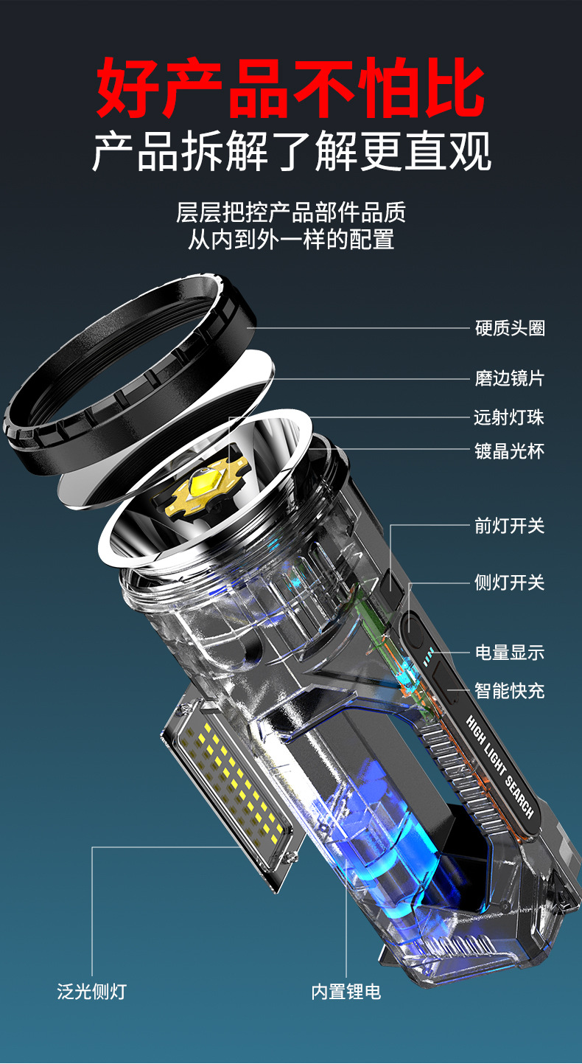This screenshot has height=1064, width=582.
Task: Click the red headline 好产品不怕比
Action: click(290, 88)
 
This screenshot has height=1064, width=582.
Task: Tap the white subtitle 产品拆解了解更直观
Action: click(292, 151)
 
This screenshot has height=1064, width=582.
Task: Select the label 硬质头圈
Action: click(510, 328)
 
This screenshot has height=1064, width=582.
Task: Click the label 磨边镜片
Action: click(510, 378)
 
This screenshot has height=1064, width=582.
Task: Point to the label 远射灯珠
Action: click(509, 417)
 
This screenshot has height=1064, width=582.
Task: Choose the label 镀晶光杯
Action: click(509, 451)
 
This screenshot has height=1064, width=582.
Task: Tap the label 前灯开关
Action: click(509, 526)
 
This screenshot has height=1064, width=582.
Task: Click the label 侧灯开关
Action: click(509, 583)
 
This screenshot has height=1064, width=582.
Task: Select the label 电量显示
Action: click(510, 653)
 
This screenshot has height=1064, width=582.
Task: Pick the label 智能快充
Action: click(509, 691)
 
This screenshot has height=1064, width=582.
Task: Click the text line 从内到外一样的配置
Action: click(291, 240)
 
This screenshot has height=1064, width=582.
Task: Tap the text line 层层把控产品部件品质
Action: click(291, 212)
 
